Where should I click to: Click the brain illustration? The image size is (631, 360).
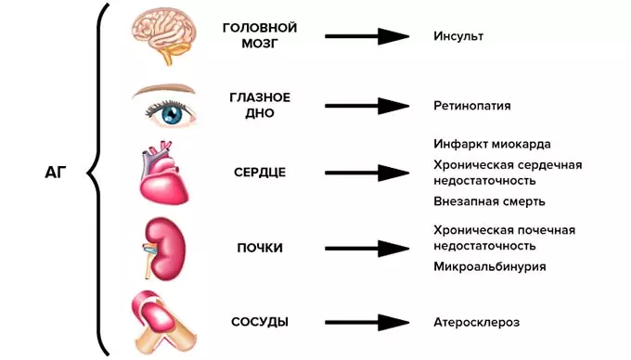pos(163,35)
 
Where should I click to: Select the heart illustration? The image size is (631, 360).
pos(163,175)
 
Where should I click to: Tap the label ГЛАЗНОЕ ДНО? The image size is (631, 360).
pos(260,105)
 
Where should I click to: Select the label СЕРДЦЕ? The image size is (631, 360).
pos(259,173)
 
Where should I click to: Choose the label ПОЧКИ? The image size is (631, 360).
pos(259,248)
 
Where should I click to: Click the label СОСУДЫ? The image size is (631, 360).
pos(259,322)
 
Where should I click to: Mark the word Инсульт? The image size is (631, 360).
pos(458,36)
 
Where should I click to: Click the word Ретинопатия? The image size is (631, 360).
pos(471,106)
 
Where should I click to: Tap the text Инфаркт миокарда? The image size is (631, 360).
pos(492,145)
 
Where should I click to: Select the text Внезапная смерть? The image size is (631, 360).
pos(489,200)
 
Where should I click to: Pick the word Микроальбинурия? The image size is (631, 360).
pos(489,266)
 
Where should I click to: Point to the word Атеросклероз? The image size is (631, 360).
pos(476,322)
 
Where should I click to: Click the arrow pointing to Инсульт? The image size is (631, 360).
pos(367,36)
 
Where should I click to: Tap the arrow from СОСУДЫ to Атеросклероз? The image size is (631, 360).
pos(367,322)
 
